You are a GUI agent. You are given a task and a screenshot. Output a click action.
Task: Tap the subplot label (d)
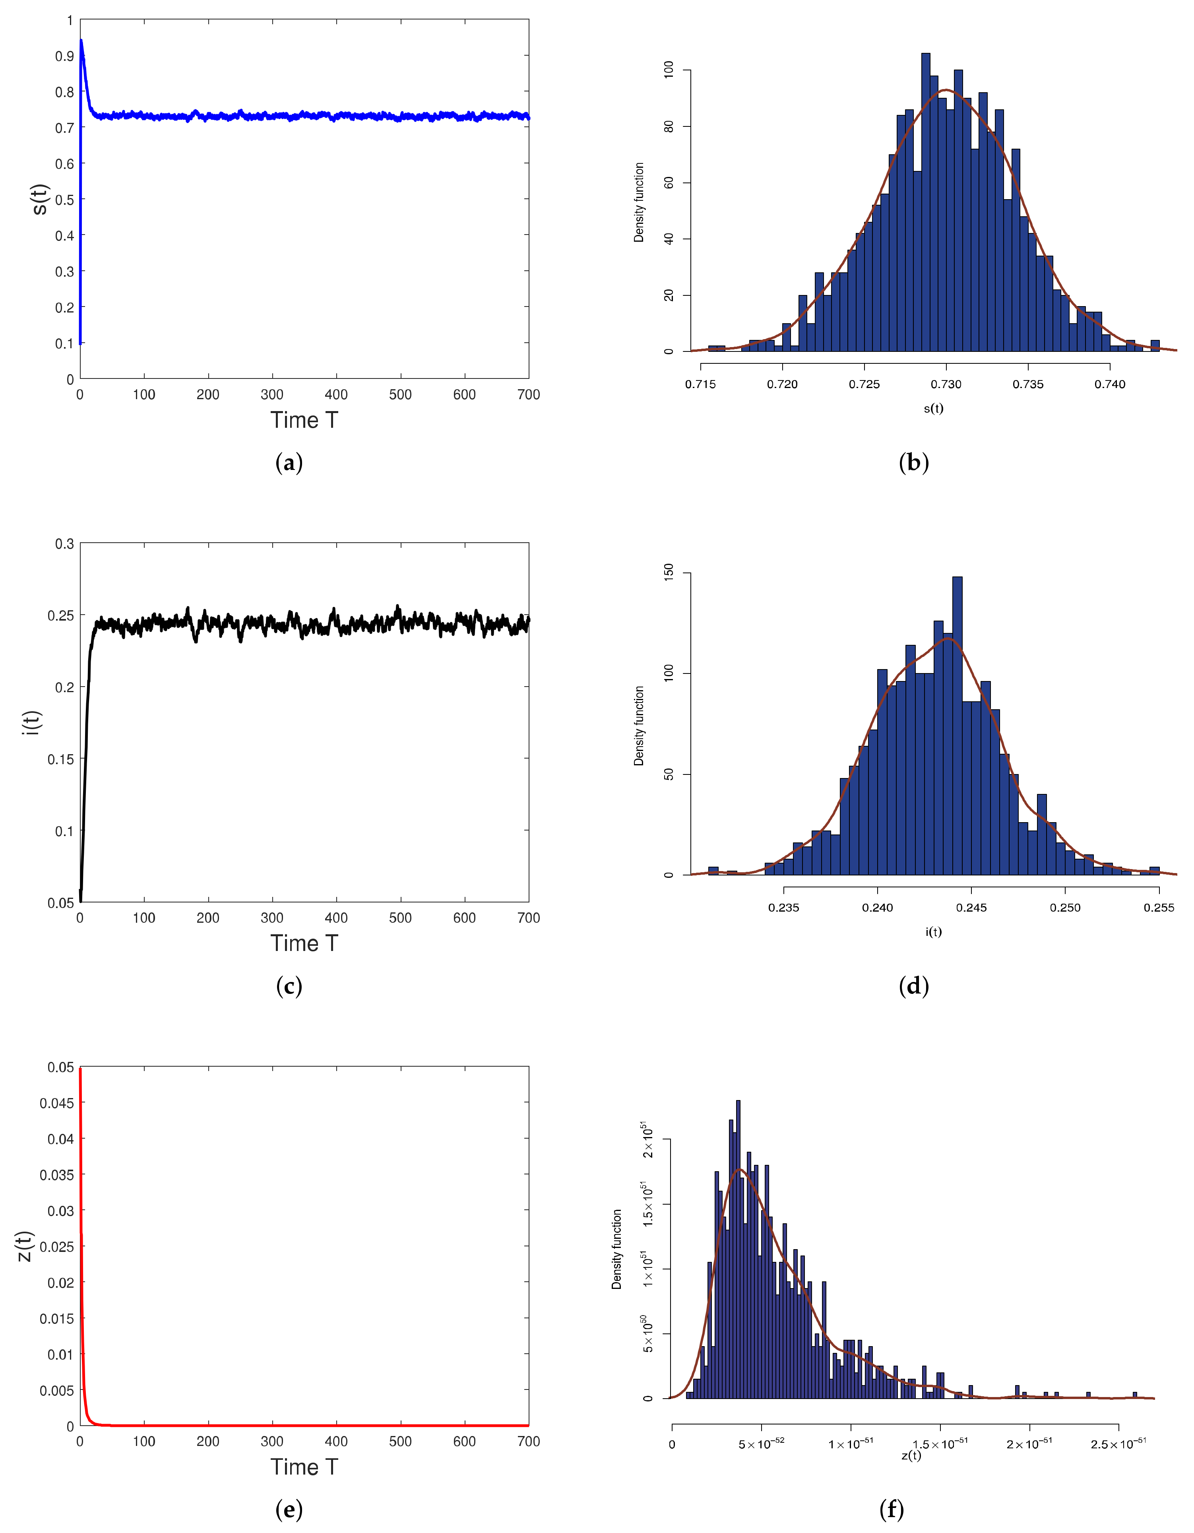[x=913, y=986]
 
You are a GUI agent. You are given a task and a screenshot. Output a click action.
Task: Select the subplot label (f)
[x=892, y=1509]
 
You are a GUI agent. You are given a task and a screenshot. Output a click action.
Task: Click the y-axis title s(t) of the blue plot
[x=40, y=199]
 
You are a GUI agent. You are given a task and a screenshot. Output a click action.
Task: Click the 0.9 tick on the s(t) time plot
[x=64, y=56]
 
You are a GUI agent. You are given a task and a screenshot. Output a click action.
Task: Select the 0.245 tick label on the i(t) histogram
[x=971, y=908]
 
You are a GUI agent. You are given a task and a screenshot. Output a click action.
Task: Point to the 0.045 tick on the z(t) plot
[x=56, y=1103]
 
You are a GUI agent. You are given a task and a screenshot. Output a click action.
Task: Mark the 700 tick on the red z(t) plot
[x=528, y=1442]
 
